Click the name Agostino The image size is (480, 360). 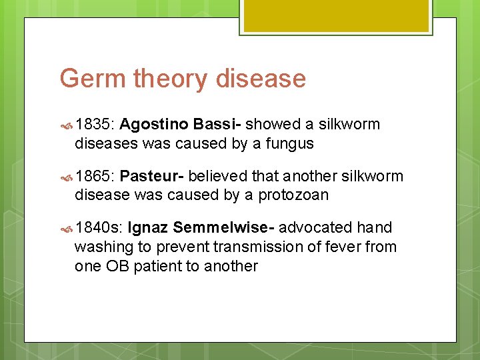156,125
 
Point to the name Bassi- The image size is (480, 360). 217,124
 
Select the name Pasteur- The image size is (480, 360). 153,176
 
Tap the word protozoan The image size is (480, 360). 293,195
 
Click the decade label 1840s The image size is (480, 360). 99,228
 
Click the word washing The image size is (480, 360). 104,247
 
